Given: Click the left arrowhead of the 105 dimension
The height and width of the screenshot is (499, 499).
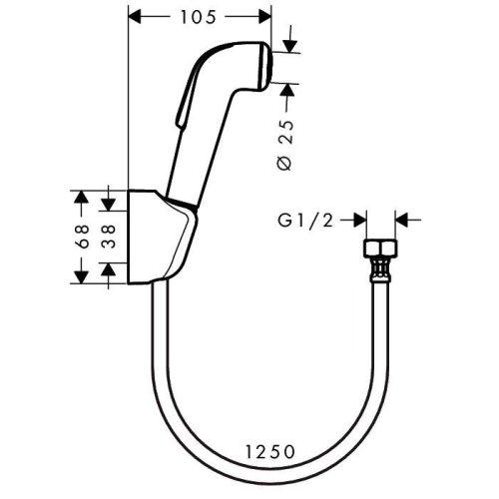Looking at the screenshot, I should [139, 16].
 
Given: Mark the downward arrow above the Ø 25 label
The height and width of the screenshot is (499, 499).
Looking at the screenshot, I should [289, 40].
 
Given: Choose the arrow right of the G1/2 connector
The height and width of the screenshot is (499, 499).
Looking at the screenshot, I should [404, 219].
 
